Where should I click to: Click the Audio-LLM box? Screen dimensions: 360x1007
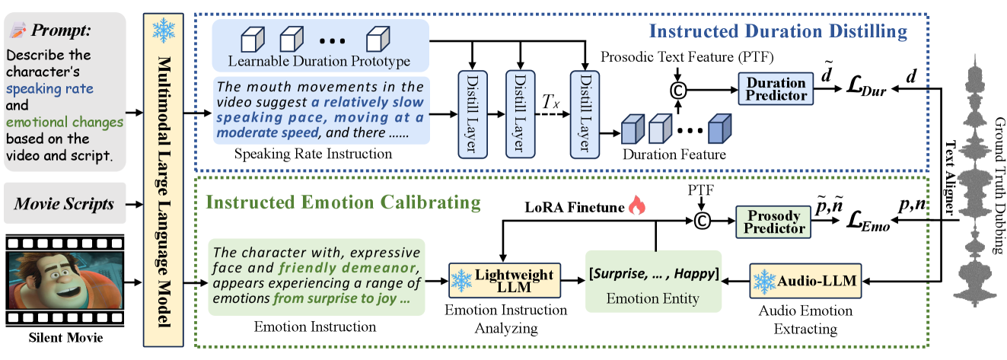click(806, 281)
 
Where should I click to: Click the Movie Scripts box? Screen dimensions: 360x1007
click(65, 204)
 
